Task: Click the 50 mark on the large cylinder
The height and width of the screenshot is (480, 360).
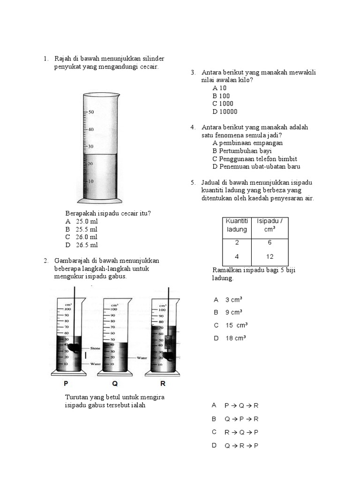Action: (91, 112)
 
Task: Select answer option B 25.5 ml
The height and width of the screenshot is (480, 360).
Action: (82, 229)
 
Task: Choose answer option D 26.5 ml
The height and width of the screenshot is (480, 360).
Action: (82, 245)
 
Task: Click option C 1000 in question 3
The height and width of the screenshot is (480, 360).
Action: (223, 104)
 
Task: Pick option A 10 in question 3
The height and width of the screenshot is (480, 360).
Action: (219, 88)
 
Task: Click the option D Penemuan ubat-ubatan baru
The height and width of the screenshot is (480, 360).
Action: (256, 166)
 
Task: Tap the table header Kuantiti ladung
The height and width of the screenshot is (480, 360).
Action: (236, 225)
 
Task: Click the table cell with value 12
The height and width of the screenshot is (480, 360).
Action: (270, 256)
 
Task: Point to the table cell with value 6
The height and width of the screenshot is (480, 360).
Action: (270, 242)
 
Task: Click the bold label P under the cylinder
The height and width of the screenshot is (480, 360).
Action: (66, 383)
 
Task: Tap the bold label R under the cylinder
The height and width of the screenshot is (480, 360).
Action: (163, 383)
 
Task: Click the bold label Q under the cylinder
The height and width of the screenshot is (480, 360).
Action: (115, 383)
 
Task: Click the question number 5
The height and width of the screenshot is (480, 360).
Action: (193, 182)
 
